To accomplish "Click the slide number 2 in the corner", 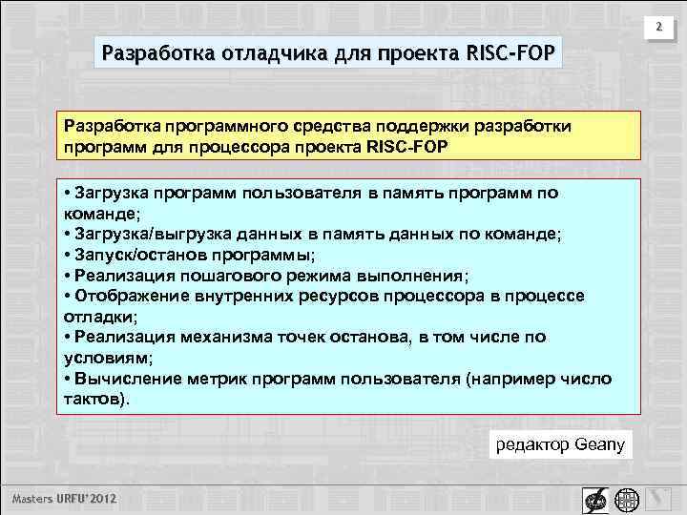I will pyautogui.click(x=657, y=30).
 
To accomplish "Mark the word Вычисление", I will pyautogui.click(x=118, y=379).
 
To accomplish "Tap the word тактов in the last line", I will pyautogui.click(x=93, y=399).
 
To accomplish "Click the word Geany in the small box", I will pyautogui.click(x=599, y=444).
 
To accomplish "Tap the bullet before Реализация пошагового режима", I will pyautogui.click(x=67, y=276).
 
